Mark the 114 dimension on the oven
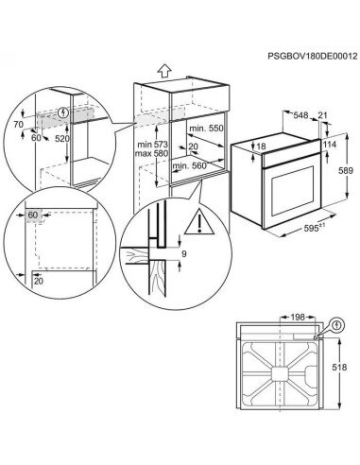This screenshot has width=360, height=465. [328, 144]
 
